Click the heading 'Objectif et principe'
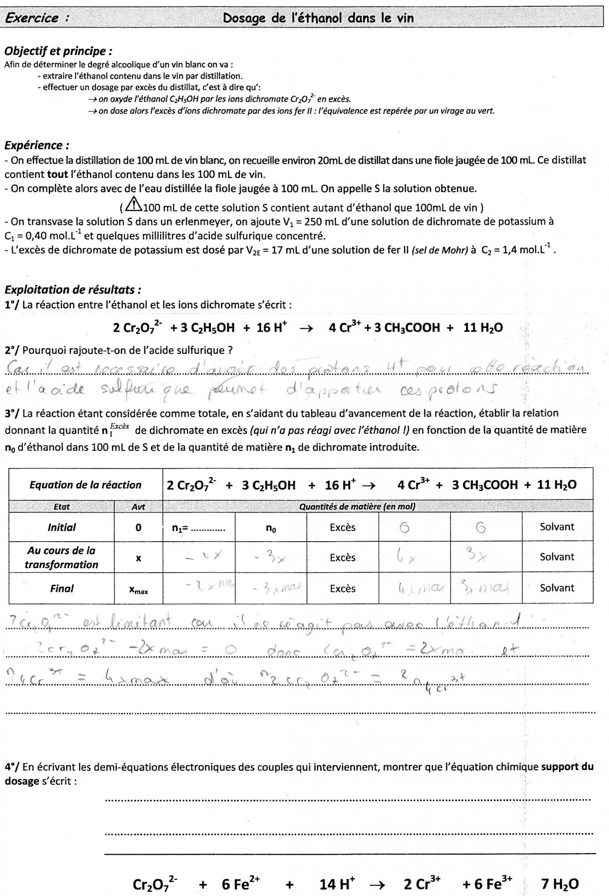[58, 51]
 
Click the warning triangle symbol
[133, 205]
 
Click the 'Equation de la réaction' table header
[85, 485]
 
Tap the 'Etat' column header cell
[61, 507]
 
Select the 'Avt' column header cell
[138, 507]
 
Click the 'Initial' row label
[62, 527]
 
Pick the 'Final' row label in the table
[62, 589]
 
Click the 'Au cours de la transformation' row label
[61, 557]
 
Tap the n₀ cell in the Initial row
[271, 528]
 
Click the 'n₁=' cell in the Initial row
[198, 528]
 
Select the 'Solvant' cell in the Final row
[557, 588]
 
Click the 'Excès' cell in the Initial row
[343, 527]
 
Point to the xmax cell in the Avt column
[138, 590]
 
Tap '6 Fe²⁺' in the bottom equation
[241, 884]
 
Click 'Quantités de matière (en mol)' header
[357, 507]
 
